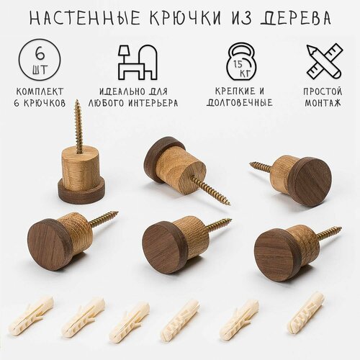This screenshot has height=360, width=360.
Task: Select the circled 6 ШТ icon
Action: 40,60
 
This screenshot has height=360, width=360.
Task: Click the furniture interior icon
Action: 137,62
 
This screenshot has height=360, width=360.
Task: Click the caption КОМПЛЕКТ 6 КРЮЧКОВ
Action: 40,97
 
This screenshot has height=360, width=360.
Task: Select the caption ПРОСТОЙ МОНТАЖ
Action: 324,97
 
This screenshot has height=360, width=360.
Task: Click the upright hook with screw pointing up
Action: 81,173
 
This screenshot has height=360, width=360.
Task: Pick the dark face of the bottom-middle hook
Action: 165,247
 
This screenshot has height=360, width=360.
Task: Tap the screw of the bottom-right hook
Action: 328,233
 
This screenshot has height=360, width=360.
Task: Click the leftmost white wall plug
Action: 30,317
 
